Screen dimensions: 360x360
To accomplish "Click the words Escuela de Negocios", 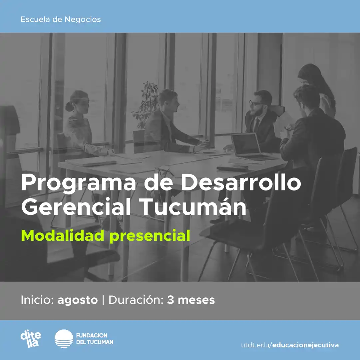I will click(x=61, y=19).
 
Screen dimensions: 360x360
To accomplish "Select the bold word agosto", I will click(x=78, y=300).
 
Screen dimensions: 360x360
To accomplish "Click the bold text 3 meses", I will click(x=191, y=300).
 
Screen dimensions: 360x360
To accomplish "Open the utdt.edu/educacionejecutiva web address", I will click(x=290, y=345).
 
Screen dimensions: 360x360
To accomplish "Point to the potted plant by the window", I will click(x=147, y=103).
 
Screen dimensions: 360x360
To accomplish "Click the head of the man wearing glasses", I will click(x=260, y=102).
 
